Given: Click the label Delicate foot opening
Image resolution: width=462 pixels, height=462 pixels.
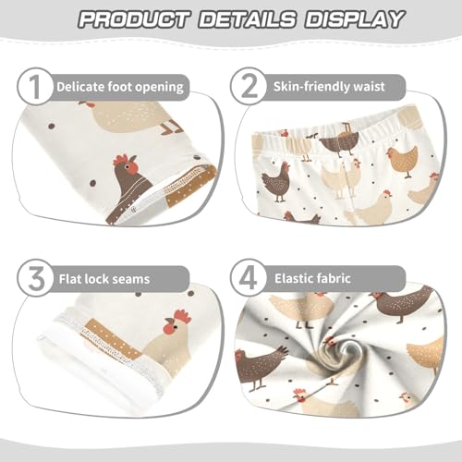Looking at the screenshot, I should click(x=119, y=88).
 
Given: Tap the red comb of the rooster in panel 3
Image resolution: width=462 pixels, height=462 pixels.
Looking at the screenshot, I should click(x=182, y=317).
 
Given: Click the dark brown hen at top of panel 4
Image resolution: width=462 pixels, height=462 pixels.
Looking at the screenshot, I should click(x=404, y=301).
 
